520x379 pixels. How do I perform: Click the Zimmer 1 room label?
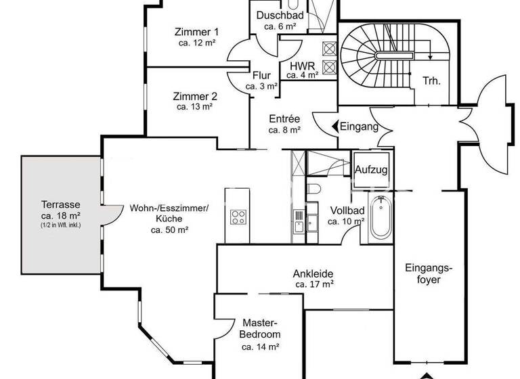pyautogui.click(x=196, y=32)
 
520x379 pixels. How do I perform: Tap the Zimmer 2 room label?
pyautogui.click(x=195, y=96)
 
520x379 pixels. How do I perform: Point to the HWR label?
pyautogui.click(x=301, y=66)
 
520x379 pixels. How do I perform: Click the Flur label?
pyautogui.click(x=262, y=76)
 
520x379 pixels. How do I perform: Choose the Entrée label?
pyautogui.click(x=284, y=118)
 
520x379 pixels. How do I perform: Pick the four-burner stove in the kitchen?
pyautogui.click(x=238, y=217)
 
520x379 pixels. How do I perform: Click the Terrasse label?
pyautogui.click(x=61, y=204)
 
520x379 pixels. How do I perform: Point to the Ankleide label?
pyautogui.click(x=313, y=274)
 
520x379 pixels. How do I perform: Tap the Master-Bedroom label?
pyautogui.click(x=260, y=329)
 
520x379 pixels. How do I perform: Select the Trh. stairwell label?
pyautogui.click(x=431, y=81)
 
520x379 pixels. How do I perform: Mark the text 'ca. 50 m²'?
pyautogui.click(x=169, y=230)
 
